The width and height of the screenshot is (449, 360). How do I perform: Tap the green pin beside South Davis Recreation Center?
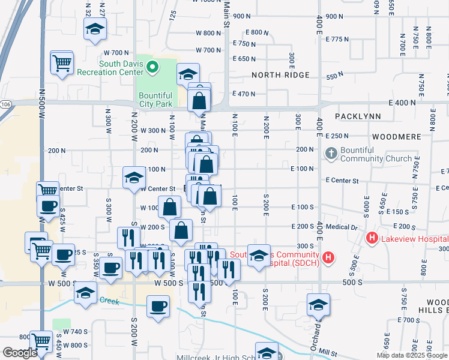152,67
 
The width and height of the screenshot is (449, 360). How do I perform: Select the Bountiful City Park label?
155,100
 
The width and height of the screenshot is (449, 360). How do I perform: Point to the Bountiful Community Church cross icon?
331,154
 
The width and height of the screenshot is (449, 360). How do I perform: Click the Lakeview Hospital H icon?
372,239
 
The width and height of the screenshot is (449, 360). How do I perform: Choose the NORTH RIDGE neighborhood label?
280,75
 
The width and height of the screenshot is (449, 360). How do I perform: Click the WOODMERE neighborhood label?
396,137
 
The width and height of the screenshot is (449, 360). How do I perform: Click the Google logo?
19,353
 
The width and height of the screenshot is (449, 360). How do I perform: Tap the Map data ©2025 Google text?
412,355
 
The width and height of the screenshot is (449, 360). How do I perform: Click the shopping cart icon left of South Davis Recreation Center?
62,62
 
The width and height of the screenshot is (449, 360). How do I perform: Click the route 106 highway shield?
5,104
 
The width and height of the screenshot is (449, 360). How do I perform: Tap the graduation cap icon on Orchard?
318,305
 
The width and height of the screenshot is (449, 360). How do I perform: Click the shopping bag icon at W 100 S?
170,208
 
